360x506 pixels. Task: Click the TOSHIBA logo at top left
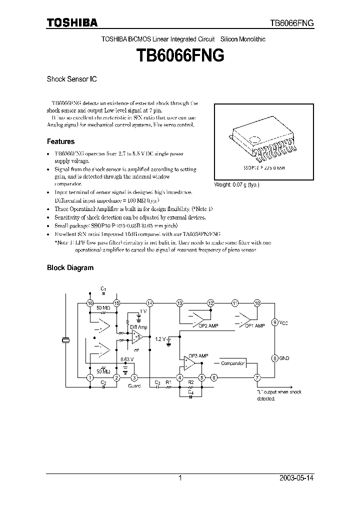(72, 22)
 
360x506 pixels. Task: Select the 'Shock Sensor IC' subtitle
(71, 79)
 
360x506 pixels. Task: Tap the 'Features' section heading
(60, 141)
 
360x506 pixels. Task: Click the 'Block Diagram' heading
(70, 267)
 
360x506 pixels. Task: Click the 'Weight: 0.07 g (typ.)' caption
(237, 184)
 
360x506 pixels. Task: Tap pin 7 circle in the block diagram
(257, 377)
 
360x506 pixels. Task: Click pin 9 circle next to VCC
(274, 322)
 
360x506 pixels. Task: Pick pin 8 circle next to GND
(274, 358)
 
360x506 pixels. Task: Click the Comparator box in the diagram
(232, 363)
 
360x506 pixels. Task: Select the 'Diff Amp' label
(138, 326)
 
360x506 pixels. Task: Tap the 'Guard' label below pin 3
(134, 385)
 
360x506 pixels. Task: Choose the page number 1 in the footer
(179, 478)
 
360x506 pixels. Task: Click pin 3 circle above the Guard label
(134, 377)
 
